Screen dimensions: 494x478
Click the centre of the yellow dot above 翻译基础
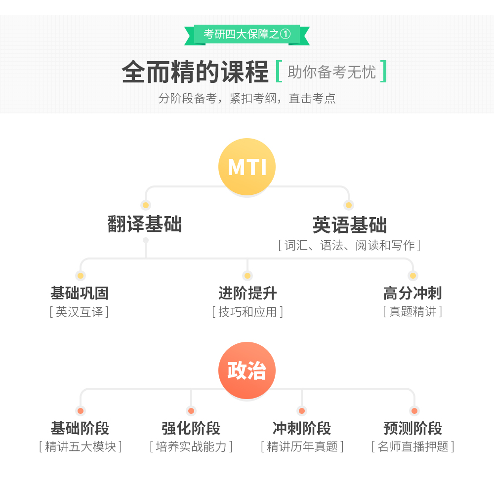[146, 205]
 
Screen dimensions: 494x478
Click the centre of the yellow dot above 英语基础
[348, 205]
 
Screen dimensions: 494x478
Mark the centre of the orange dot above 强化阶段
[191, 410]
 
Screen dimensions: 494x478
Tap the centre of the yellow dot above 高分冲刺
[412, 276]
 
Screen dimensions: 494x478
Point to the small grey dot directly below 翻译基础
[146, 240]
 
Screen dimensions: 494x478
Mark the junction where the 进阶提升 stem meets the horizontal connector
[247, 258]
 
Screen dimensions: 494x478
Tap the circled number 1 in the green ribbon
[285, 34]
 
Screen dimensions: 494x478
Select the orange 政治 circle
[247, 370]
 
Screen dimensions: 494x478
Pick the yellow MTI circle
[247, 167]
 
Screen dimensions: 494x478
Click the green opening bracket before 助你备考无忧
[279, 72]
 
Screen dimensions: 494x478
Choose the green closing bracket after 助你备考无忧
[383, 72]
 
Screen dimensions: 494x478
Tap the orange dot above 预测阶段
[414, 410]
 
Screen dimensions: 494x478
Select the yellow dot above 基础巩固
[81, 276]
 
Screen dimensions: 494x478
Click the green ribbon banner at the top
[247, 35]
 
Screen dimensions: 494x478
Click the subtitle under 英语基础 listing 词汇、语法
[349, 246]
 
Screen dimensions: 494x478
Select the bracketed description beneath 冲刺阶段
[302, 446]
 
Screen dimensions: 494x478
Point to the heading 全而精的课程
[195, 72]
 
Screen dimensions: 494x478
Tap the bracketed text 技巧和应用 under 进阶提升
[247, 312]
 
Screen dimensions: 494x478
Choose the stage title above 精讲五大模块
[80, 428]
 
